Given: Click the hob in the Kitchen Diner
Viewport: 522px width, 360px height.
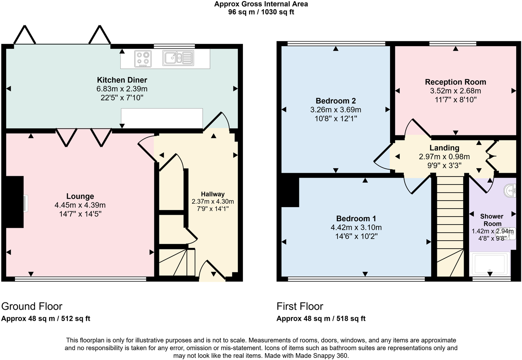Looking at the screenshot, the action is point(143,58).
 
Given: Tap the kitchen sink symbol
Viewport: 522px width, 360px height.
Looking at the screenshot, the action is point(178,58).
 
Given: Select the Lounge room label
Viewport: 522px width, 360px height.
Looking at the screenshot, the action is point(80,196).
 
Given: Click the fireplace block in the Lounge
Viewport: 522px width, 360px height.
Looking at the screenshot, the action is point(15,202).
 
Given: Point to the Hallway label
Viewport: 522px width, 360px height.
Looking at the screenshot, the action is point(213,194).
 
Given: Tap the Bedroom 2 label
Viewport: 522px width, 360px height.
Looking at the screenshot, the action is point(336,101).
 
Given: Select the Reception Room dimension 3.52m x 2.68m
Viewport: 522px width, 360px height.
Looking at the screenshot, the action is point(455,91).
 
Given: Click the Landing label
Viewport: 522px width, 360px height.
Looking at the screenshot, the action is point(444,148).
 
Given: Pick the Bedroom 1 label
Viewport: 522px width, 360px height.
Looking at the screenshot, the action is point(356,219).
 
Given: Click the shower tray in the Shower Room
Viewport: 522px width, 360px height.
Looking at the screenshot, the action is point(490,264).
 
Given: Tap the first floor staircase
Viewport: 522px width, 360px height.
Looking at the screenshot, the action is point(450,227).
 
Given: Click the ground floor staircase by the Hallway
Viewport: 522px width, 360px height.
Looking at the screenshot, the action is point(177,262).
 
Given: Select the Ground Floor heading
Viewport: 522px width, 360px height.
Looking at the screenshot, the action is point(32,306).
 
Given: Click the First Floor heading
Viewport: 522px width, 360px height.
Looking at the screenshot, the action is point(300,306).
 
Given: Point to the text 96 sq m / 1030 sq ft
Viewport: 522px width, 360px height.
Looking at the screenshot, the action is point(261,12).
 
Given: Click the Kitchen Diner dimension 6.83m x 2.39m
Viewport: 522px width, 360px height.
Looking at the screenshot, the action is point(122,89).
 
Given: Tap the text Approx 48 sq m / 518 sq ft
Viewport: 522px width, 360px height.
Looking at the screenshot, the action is point(321,318).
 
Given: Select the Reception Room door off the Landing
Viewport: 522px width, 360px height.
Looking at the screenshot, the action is point(418,128).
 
